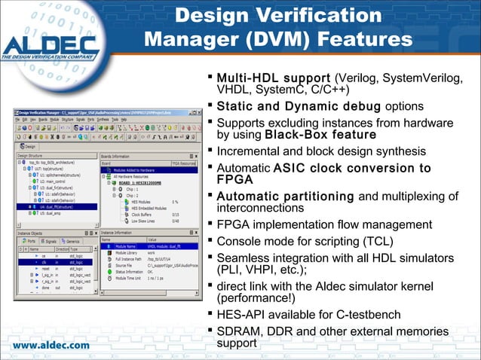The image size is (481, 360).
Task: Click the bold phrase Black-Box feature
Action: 320,135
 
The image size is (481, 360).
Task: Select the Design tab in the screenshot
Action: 28,145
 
